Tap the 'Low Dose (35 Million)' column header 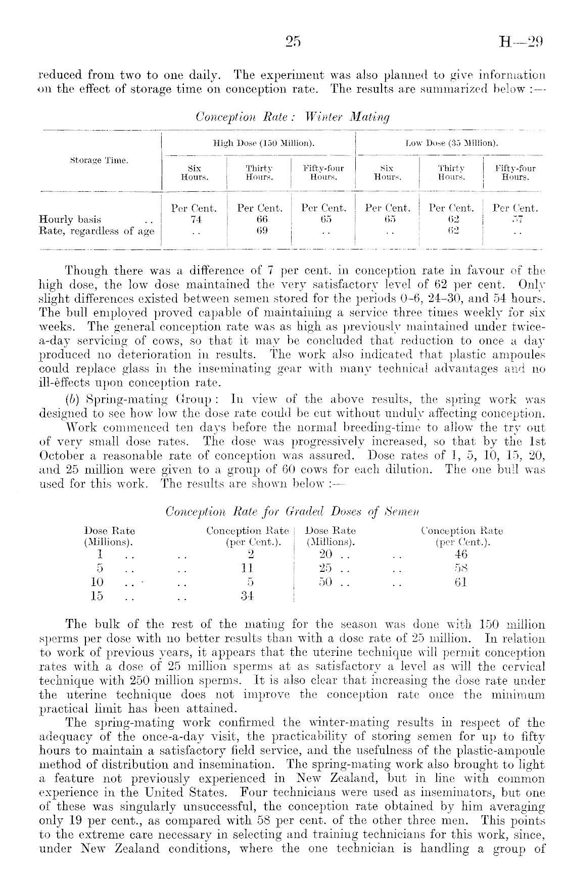point(452,143)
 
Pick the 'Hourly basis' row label point(70,220)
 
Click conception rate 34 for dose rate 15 point(247,596)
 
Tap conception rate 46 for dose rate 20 point(461,554)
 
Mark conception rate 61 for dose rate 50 point(461,582)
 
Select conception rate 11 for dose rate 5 point(247,568)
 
